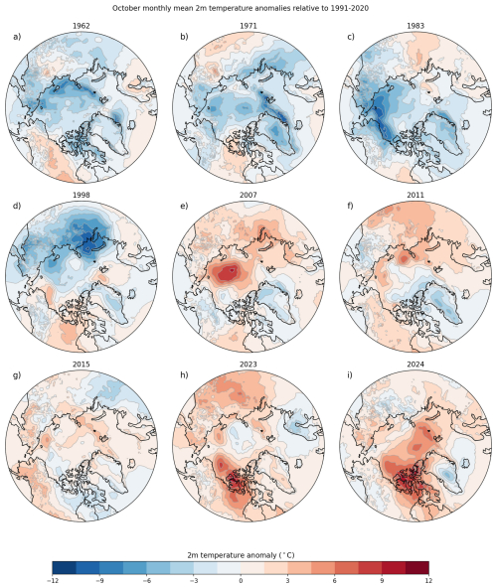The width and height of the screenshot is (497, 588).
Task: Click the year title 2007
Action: click(248, 195)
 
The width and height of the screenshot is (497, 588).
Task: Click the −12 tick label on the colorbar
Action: click(52, 580)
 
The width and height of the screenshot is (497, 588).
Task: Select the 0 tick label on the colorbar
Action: click(241, 580)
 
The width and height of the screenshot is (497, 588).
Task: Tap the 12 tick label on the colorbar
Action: click(428, 580)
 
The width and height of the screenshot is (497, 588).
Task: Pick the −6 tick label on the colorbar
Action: click(146, 580)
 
